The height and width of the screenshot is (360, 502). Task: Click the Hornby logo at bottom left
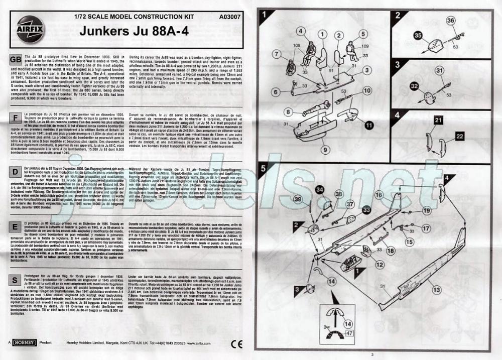tap(25, 343)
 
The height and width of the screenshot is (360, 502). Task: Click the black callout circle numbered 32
tap(414, 86)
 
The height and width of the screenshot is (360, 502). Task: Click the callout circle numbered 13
tap(436, 289)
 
